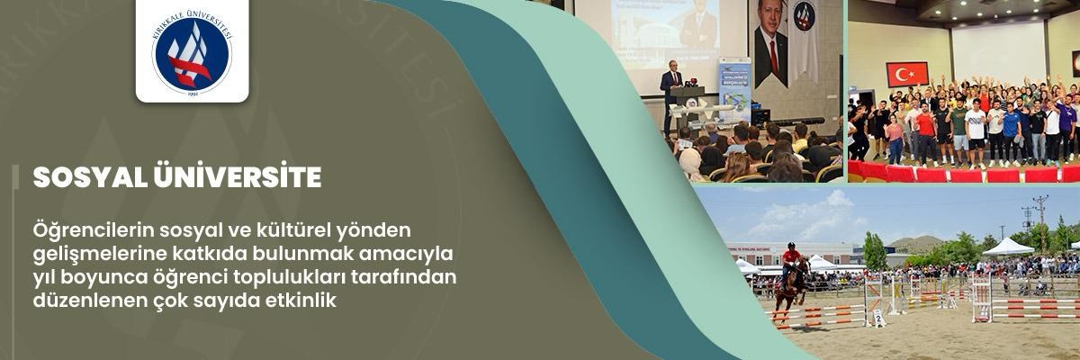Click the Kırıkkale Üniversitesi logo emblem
[192, 51]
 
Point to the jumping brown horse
[789, 286]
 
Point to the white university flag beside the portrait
[804, 40]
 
